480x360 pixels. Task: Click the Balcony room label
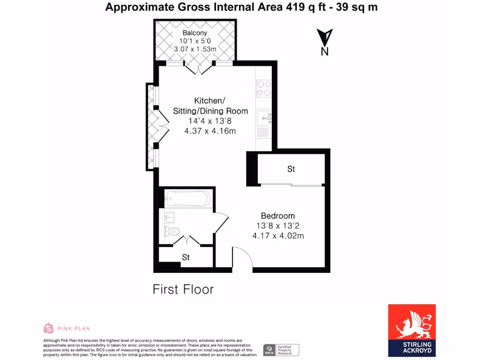click(x=195, y=33)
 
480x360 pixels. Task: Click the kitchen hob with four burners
click(x=263, y=89)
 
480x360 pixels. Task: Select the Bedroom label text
click(x=278, y=216)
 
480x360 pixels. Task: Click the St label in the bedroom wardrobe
click(x=291, y=169)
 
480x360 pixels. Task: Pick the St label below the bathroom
click(x=186, y=257)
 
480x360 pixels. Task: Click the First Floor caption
click(x=183, y=289)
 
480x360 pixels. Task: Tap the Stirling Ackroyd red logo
click(x=412, y=330)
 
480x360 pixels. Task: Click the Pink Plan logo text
click(x=74, y=329)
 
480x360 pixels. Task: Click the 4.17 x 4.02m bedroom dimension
click(x=278, y=236)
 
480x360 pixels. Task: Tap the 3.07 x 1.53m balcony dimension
click(x=195, y=49)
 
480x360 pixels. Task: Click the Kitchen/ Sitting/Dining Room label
click(x=210, y=106)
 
